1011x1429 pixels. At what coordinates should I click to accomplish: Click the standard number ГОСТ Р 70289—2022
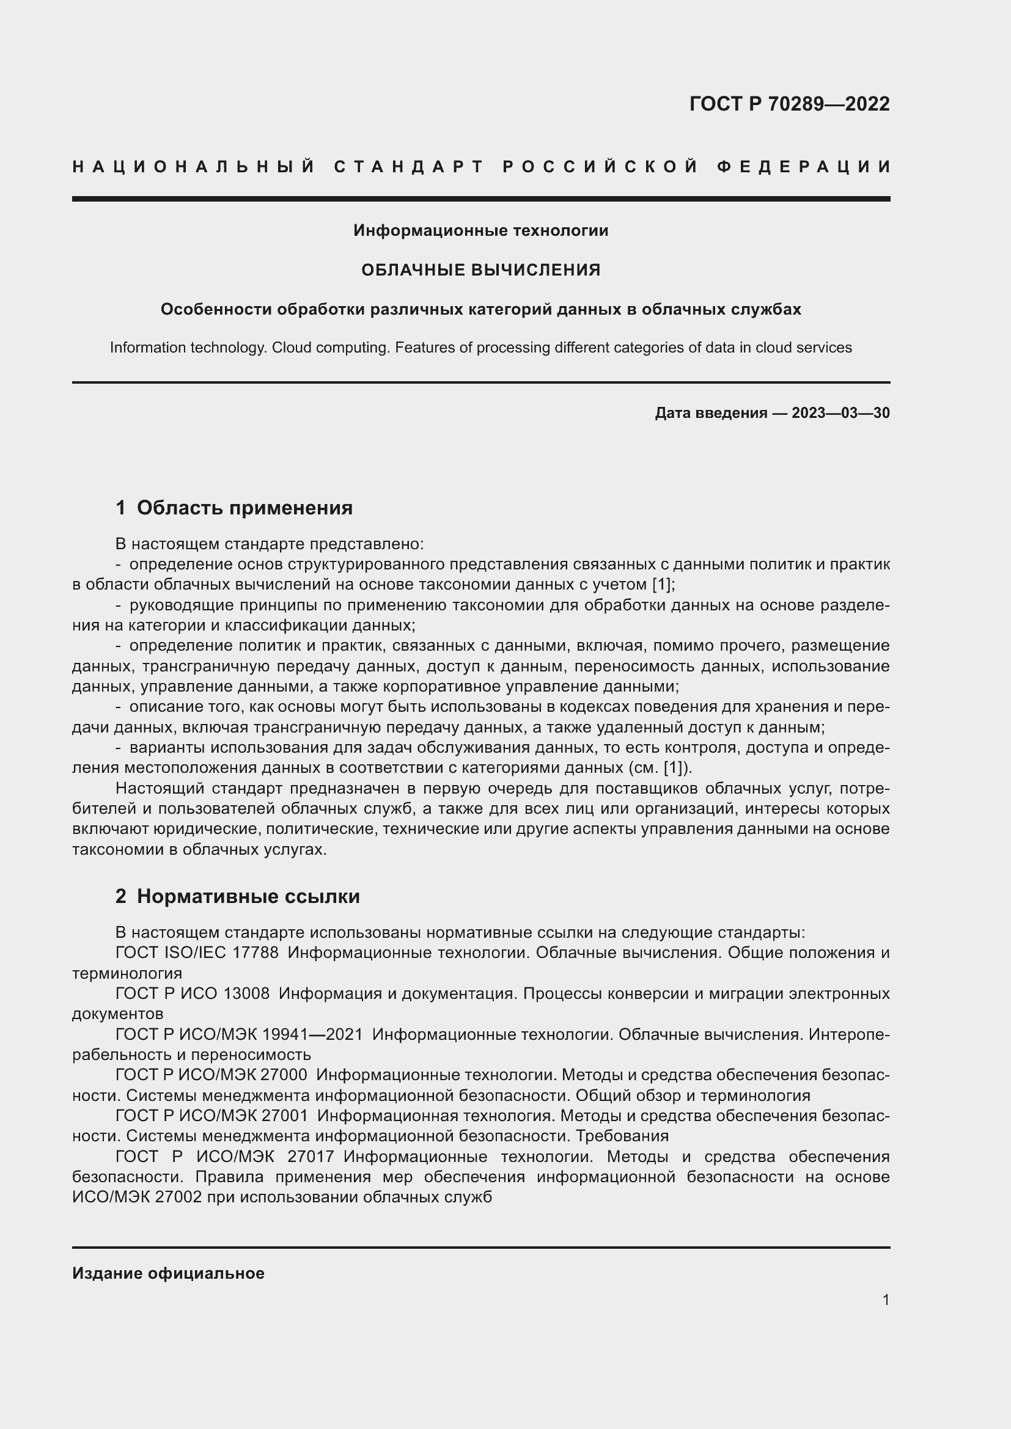click(789, 104)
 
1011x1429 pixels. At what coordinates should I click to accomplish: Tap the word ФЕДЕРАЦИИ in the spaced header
click(804, 167)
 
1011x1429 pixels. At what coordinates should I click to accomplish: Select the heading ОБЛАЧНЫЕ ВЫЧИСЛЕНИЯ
click(480, 270)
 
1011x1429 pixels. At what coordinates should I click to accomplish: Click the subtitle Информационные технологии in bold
click(480, 231)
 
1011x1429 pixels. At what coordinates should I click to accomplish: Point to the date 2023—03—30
click(840, 413)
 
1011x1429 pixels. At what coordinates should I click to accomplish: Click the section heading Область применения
click(244, 508)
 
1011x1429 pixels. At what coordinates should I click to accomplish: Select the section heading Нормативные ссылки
click(248, 896)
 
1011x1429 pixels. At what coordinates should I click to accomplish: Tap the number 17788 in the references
click(256, 953)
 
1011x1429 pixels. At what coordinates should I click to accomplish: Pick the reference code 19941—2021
click(312, 1034)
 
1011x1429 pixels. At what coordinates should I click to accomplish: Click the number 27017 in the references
click(311, 1157)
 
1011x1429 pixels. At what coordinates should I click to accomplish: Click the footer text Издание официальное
click(168, 1273)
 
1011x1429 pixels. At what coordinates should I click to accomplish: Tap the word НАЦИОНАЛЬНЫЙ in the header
click(194, 167)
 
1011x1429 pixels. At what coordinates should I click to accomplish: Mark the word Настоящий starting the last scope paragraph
click(160, 789)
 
